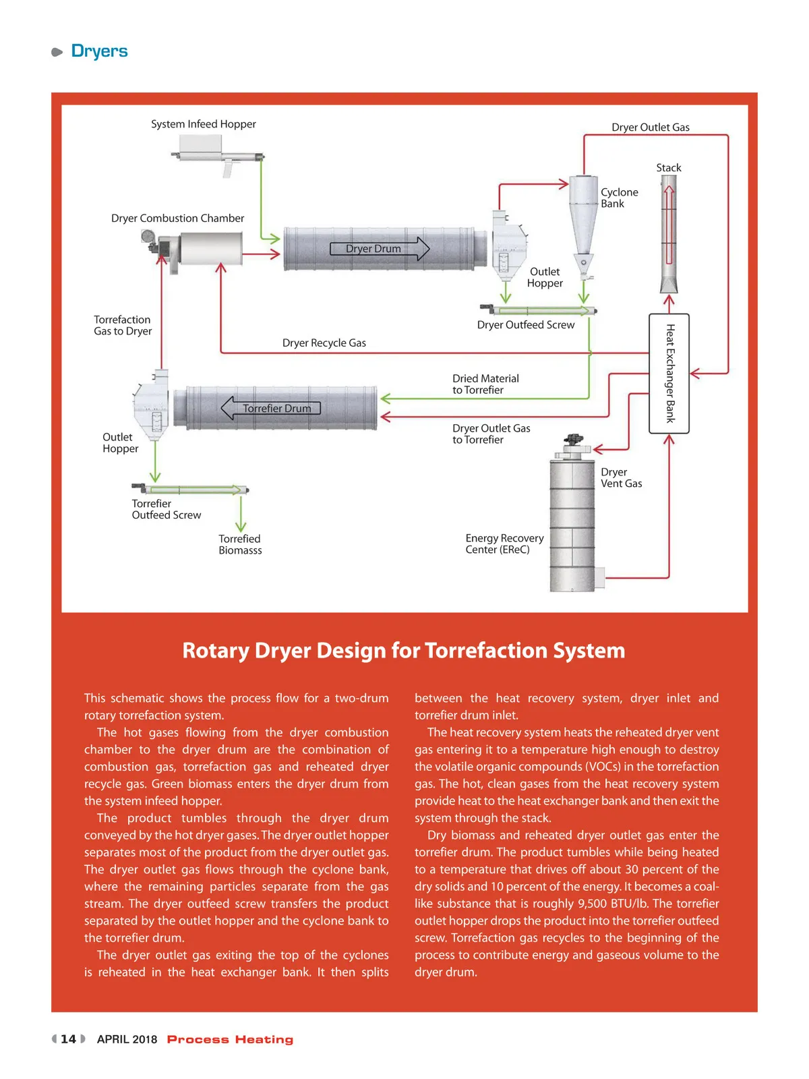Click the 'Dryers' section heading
tap(99, 51)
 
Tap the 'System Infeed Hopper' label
tap(203, 124)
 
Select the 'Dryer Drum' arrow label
tap(373, 249)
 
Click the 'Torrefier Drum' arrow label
tap(276, 409)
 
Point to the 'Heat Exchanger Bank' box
tap(669, 374)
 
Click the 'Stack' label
tap(669, 168)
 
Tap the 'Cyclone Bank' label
tap(619, 198)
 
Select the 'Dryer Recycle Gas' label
tap(324, 343)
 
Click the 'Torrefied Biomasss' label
tap(240, 545)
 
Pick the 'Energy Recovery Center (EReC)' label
tap(504, 544)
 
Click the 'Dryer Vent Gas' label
tap(621, 478)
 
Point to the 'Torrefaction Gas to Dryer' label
tap(123, 326)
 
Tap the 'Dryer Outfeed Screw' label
tap(526, 325)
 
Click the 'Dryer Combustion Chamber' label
tap(177, 218)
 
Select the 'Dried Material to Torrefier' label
tap(485, 384)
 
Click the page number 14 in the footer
tap(68, 1039)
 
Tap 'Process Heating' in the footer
tap(230, 1040)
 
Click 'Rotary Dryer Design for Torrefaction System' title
tap(404, 651)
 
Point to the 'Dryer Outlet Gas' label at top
tap(651, 127)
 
